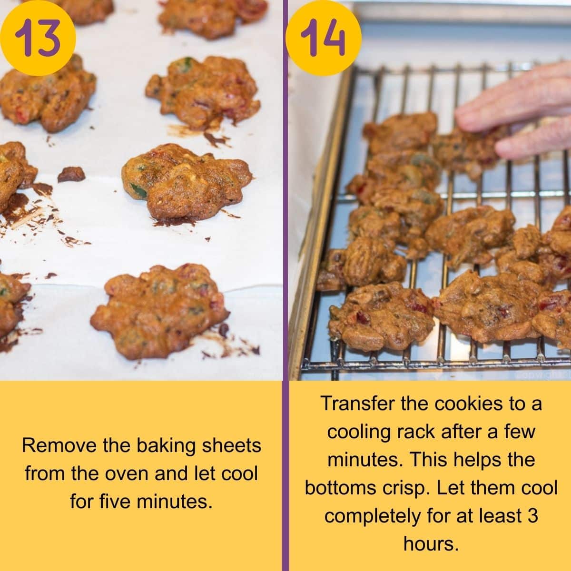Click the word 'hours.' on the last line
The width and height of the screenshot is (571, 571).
pos(431,543)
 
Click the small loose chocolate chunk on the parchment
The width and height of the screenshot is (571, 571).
pos(71,174)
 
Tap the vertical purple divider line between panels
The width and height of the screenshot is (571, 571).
pos(285,285)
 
